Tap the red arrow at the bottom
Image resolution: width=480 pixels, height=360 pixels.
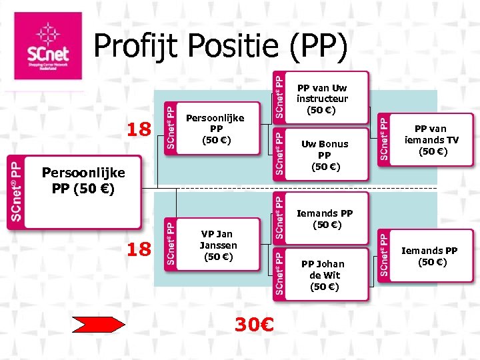point(98,325)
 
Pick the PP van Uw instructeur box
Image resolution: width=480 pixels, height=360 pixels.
point(322,99)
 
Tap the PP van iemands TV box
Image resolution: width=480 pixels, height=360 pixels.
point(431,140)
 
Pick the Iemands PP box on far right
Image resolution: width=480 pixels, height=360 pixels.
point(431,256)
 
